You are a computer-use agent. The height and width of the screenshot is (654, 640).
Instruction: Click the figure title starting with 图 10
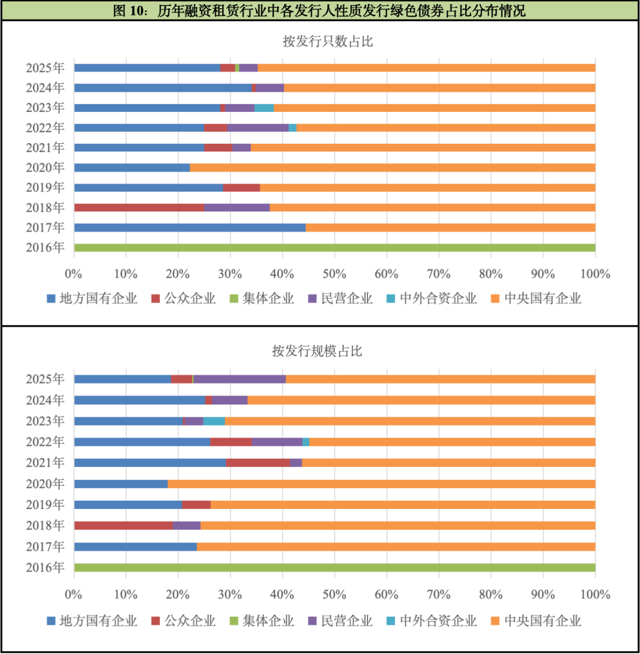click(320, 11)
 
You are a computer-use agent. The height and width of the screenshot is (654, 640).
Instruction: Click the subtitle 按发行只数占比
click(320, 41)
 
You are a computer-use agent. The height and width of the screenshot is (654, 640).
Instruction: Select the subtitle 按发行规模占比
click(320, 351)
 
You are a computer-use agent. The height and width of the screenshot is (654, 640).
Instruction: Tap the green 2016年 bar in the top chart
click(334, 247)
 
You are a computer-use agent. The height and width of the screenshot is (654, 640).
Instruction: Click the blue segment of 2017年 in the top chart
click(190, 227)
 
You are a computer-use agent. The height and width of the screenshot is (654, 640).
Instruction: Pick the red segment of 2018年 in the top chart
click(139, 207)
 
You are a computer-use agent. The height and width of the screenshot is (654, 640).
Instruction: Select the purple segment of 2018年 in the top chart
click(237, 207)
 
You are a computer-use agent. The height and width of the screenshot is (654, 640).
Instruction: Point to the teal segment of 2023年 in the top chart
click(264, 108)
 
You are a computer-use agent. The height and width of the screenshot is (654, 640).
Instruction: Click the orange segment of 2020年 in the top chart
click(392, 167)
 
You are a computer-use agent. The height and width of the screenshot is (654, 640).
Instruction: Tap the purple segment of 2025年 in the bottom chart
click(239, 379)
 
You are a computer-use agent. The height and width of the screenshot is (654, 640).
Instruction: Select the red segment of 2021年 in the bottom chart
click(258, 462)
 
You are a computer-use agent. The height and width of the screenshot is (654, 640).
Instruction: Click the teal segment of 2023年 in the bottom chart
click(214, 421)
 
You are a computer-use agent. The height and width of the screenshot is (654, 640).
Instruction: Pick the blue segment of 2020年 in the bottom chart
click(121, 484)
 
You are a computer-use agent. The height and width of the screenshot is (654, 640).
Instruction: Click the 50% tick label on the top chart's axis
click(334, 274)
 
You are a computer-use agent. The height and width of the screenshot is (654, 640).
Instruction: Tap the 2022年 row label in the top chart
click(45, 127)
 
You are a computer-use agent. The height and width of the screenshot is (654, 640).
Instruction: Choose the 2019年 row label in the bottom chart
click(45, 504)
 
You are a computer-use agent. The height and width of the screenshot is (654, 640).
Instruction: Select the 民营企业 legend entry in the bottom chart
click(340, 621)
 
